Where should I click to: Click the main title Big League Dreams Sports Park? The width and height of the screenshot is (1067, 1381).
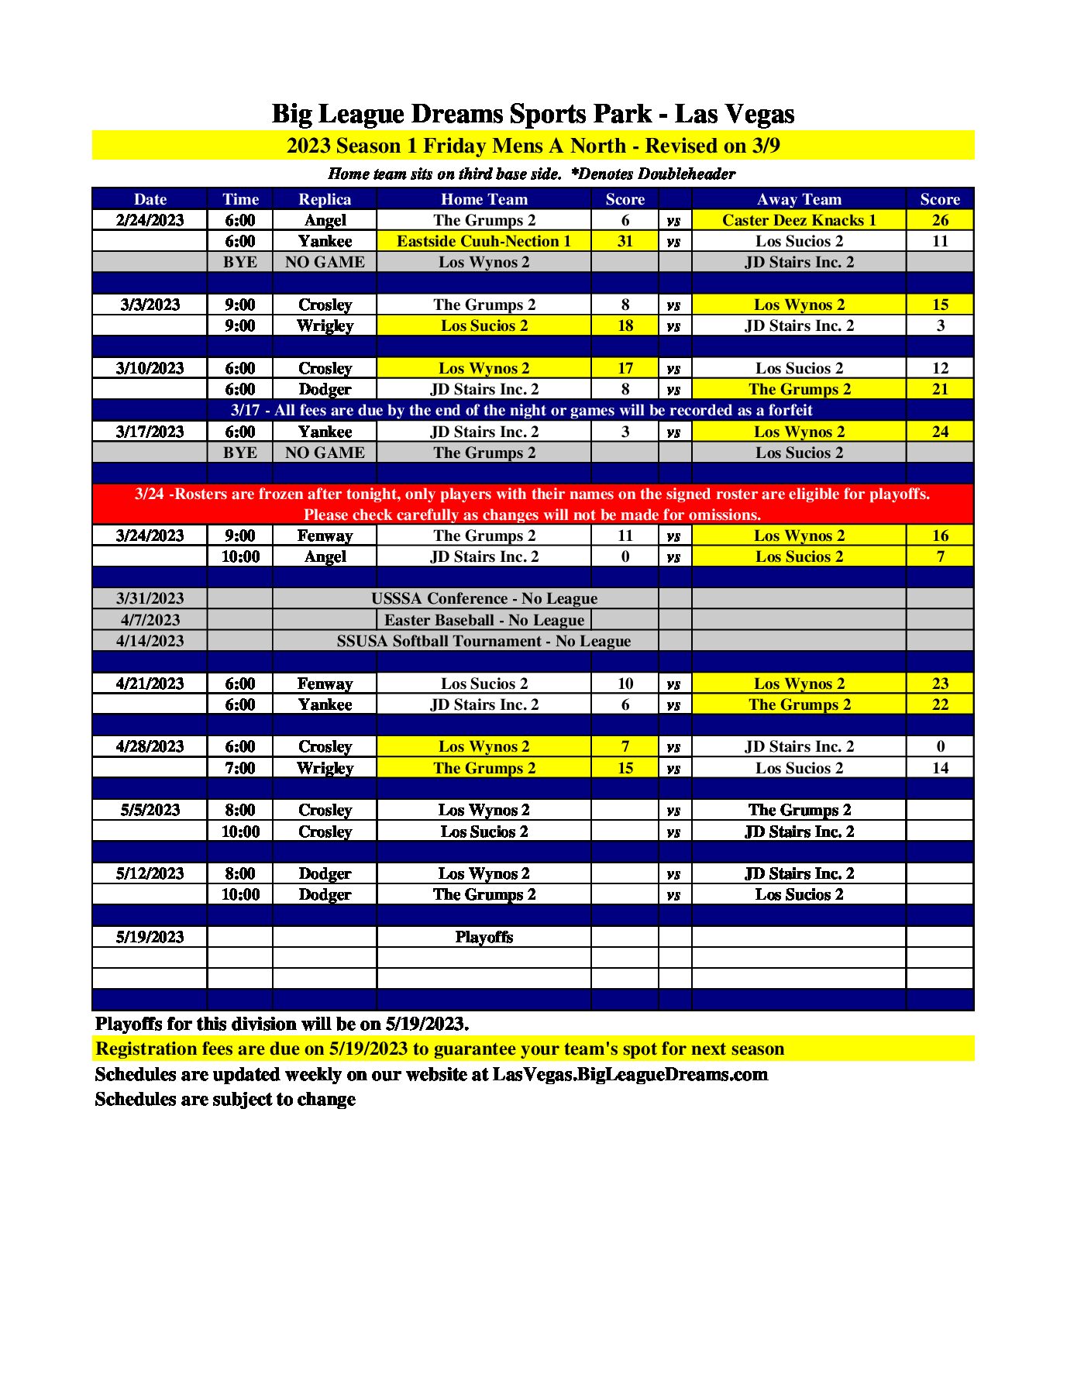pos(532,114)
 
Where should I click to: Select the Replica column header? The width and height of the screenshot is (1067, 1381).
pos(325,199)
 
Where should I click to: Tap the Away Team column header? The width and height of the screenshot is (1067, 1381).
pos(799,199)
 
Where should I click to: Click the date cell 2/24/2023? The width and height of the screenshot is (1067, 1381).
pos(150,220)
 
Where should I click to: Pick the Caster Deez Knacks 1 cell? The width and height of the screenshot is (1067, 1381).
pos(799,220)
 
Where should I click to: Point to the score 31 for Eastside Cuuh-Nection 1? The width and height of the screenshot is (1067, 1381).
pos(625,241)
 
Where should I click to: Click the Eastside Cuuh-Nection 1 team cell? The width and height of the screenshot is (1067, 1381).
pos(484,241)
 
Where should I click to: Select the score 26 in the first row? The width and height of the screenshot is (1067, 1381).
pos(940,220)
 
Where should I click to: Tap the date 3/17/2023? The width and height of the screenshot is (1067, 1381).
pos(150,432)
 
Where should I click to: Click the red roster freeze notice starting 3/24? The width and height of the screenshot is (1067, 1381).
pos(532,504)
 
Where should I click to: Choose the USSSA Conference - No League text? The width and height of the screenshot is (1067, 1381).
pos(484,598)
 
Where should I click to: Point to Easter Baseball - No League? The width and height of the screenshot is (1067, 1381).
pos(484,620)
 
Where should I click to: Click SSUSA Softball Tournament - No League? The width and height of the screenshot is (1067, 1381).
pos(484,641)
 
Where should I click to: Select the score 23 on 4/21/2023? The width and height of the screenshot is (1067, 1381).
pos(940,684)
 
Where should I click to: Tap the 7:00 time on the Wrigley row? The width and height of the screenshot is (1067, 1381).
pos(240,768)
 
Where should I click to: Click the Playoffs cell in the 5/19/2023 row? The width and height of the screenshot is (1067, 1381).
pos(484,937)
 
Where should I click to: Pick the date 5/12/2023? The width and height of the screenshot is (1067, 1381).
pos(150,873)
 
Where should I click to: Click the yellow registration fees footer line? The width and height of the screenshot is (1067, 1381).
pos(439,1049)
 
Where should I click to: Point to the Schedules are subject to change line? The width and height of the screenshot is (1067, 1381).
pos(225,1099)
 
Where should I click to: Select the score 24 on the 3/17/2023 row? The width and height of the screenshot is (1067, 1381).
pos(940,432)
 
